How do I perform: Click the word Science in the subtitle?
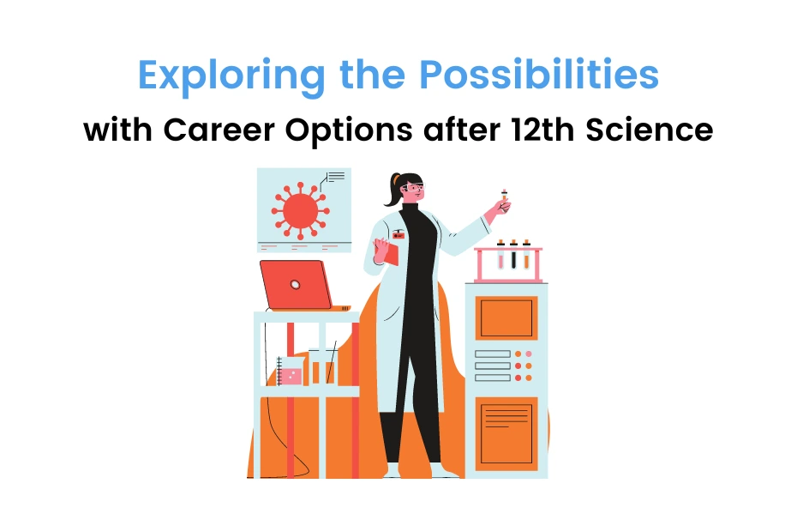click(657, 130)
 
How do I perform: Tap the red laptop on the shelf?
click(297, 284)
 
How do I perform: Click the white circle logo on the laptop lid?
click(295, 284)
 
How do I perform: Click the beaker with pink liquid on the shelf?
click(291, 373)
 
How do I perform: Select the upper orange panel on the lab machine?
click(506, 317)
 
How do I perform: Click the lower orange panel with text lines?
click(506, 433)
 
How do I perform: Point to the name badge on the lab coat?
click(399, 233)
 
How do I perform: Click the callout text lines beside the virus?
click(336, 177)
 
